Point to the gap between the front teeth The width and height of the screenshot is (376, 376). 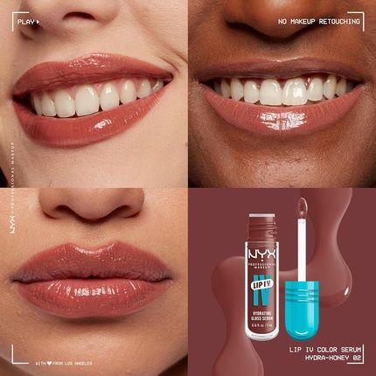pos(282,89)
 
